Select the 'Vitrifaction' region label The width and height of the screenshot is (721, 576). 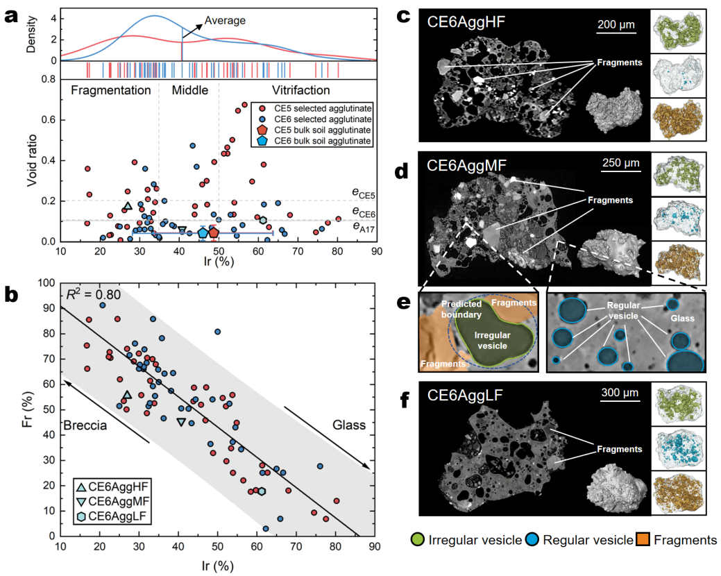point(292,90)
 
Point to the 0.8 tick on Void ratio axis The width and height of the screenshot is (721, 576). point(49,78)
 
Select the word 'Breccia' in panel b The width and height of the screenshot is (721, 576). point(85,425)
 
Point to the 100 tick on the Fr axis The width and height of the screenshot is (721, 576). point(46,282)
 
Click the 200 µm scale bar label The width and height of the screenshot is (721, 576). point(616,25)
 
